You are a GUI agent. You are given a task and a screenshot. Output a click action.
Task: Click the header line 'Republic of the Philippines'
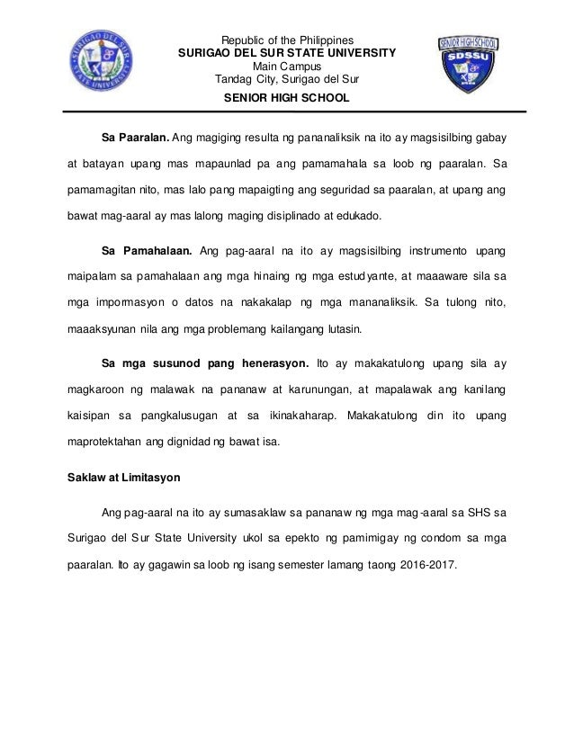pos(287,40)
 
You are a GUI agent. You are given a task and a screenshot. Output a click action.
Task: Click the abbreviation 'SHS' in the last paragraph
pos(480,515)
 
